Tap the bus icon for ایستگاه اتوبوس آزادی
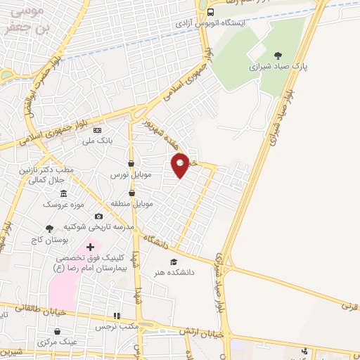coord(211,12)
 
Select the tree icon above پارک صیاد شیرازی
coord(278,56)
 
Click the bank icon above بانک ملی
coord(98,131)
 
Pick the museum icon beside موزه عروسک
coord(64,193)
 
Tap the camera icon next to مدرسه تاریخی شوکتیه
coord(98,216)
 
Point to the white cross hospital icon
coord(90,247)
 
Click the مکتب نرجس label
coord(117,327)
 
